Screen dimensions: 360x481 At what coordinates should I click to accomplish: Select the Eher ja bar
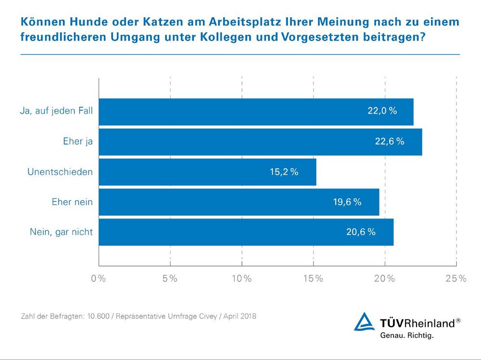point(260,142)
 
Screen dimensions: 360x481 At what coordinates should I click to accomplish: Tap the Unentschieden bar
point(207,172)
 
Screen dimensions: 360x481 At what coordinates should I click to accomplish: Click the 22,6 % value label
point(390,142)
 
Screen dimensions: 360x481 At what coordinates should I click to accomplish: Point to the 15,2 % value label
point(284,172)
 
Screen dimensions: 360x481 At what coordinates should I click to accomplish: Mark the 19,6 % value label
point(347,202)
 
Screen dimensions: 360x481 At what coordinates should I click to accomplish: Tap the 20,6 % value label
point(361,232)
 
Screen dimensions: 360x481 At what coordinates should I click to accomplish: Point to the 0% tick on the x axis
point(99,279)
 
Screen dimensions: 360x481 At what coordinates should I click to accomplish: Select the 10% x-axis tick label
point(241,279)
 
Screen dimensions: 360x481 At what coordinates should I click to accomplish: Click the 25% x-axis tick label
point(456,279)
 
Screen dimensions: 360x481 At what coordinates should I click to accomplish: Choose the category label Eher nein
point(72,202)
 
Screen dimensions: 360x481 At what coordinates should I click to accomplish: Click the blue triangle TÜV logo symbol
point(364,322)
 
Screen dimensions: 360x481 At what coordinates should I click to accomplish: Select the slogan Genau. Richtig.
point(407,335)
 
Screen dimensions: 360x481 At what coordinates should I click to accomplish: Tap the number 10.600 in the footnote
point(98,317)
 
